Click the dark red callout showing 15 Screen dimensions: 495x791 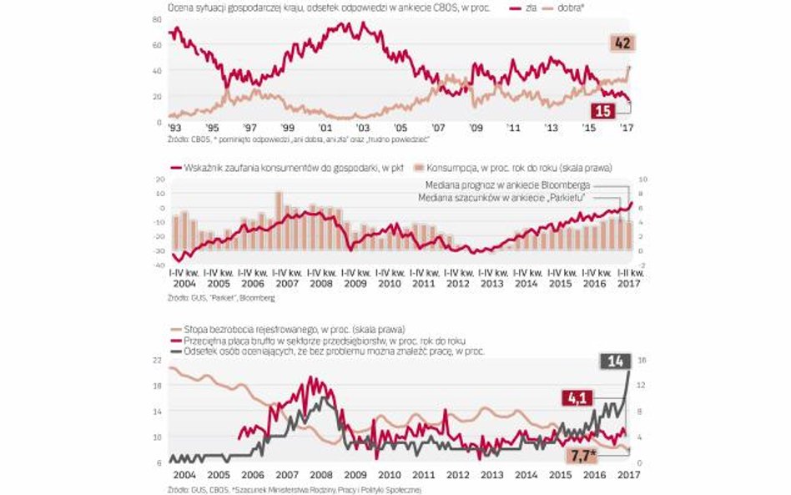[x=602, y=110]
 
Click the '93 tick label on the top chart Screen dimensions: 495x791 [x=174, y=129]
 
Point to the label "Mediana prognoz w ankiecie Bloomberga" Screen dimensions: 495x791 [x=496, y=184]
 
